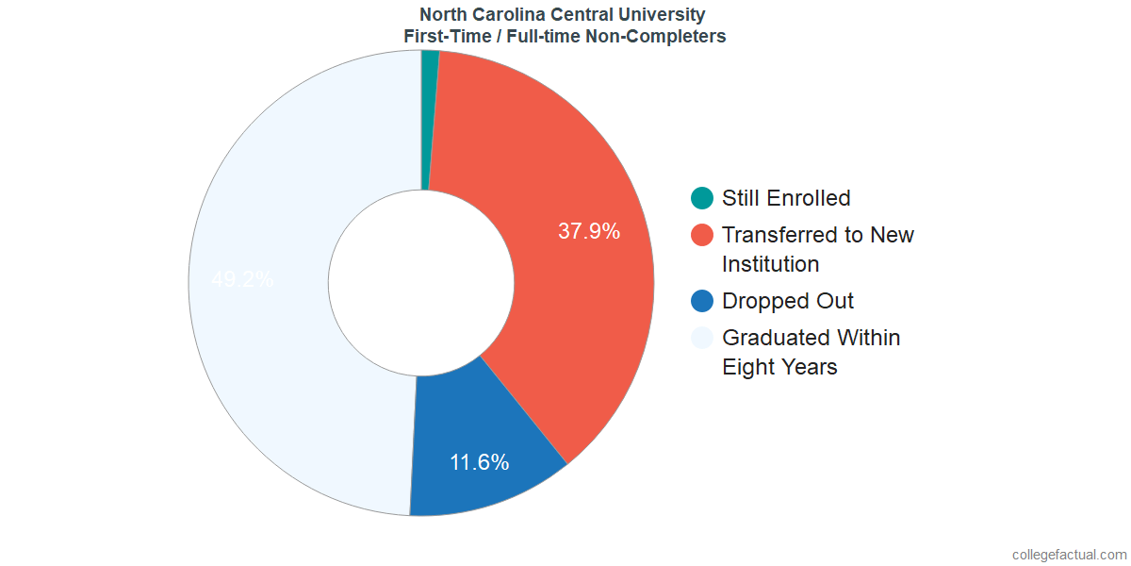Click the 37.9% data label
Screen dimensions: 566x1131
pyautogui.click(x=589, y=231)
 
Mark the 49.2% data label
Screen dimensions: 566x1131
pyautogui.click(x=242, y=279)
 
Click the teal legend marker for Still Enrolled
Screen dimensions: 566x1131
pyautogui.click(x=702, y=198)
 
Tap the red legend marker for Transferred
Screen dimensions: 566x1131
pyautogui.click(x=702, y=235)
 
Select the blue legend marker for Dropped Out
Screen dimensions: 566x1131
pyautogui.click(x=702, y=301)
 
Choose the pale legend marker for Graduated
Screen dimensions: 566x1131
pyautogui.click(x=702, y=338)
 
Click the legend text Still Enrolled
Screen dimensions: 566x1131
pyautogui.click(x=786, y=198)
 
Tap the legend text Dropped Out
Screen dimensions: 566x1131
pyautogui.click(x=788, y=301)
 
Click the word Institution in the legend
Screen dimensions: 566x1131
pyautogui.click(x=770, y=264)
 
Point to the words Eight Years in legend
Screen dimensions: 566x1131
pyautogui.click(x=779, y=367)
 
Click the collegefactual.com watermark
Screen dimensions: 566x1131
pyautogui.click(x=1069, y=555)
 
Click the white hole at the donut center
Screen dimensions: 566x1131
pyautogui.click(x=420, y=283)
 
